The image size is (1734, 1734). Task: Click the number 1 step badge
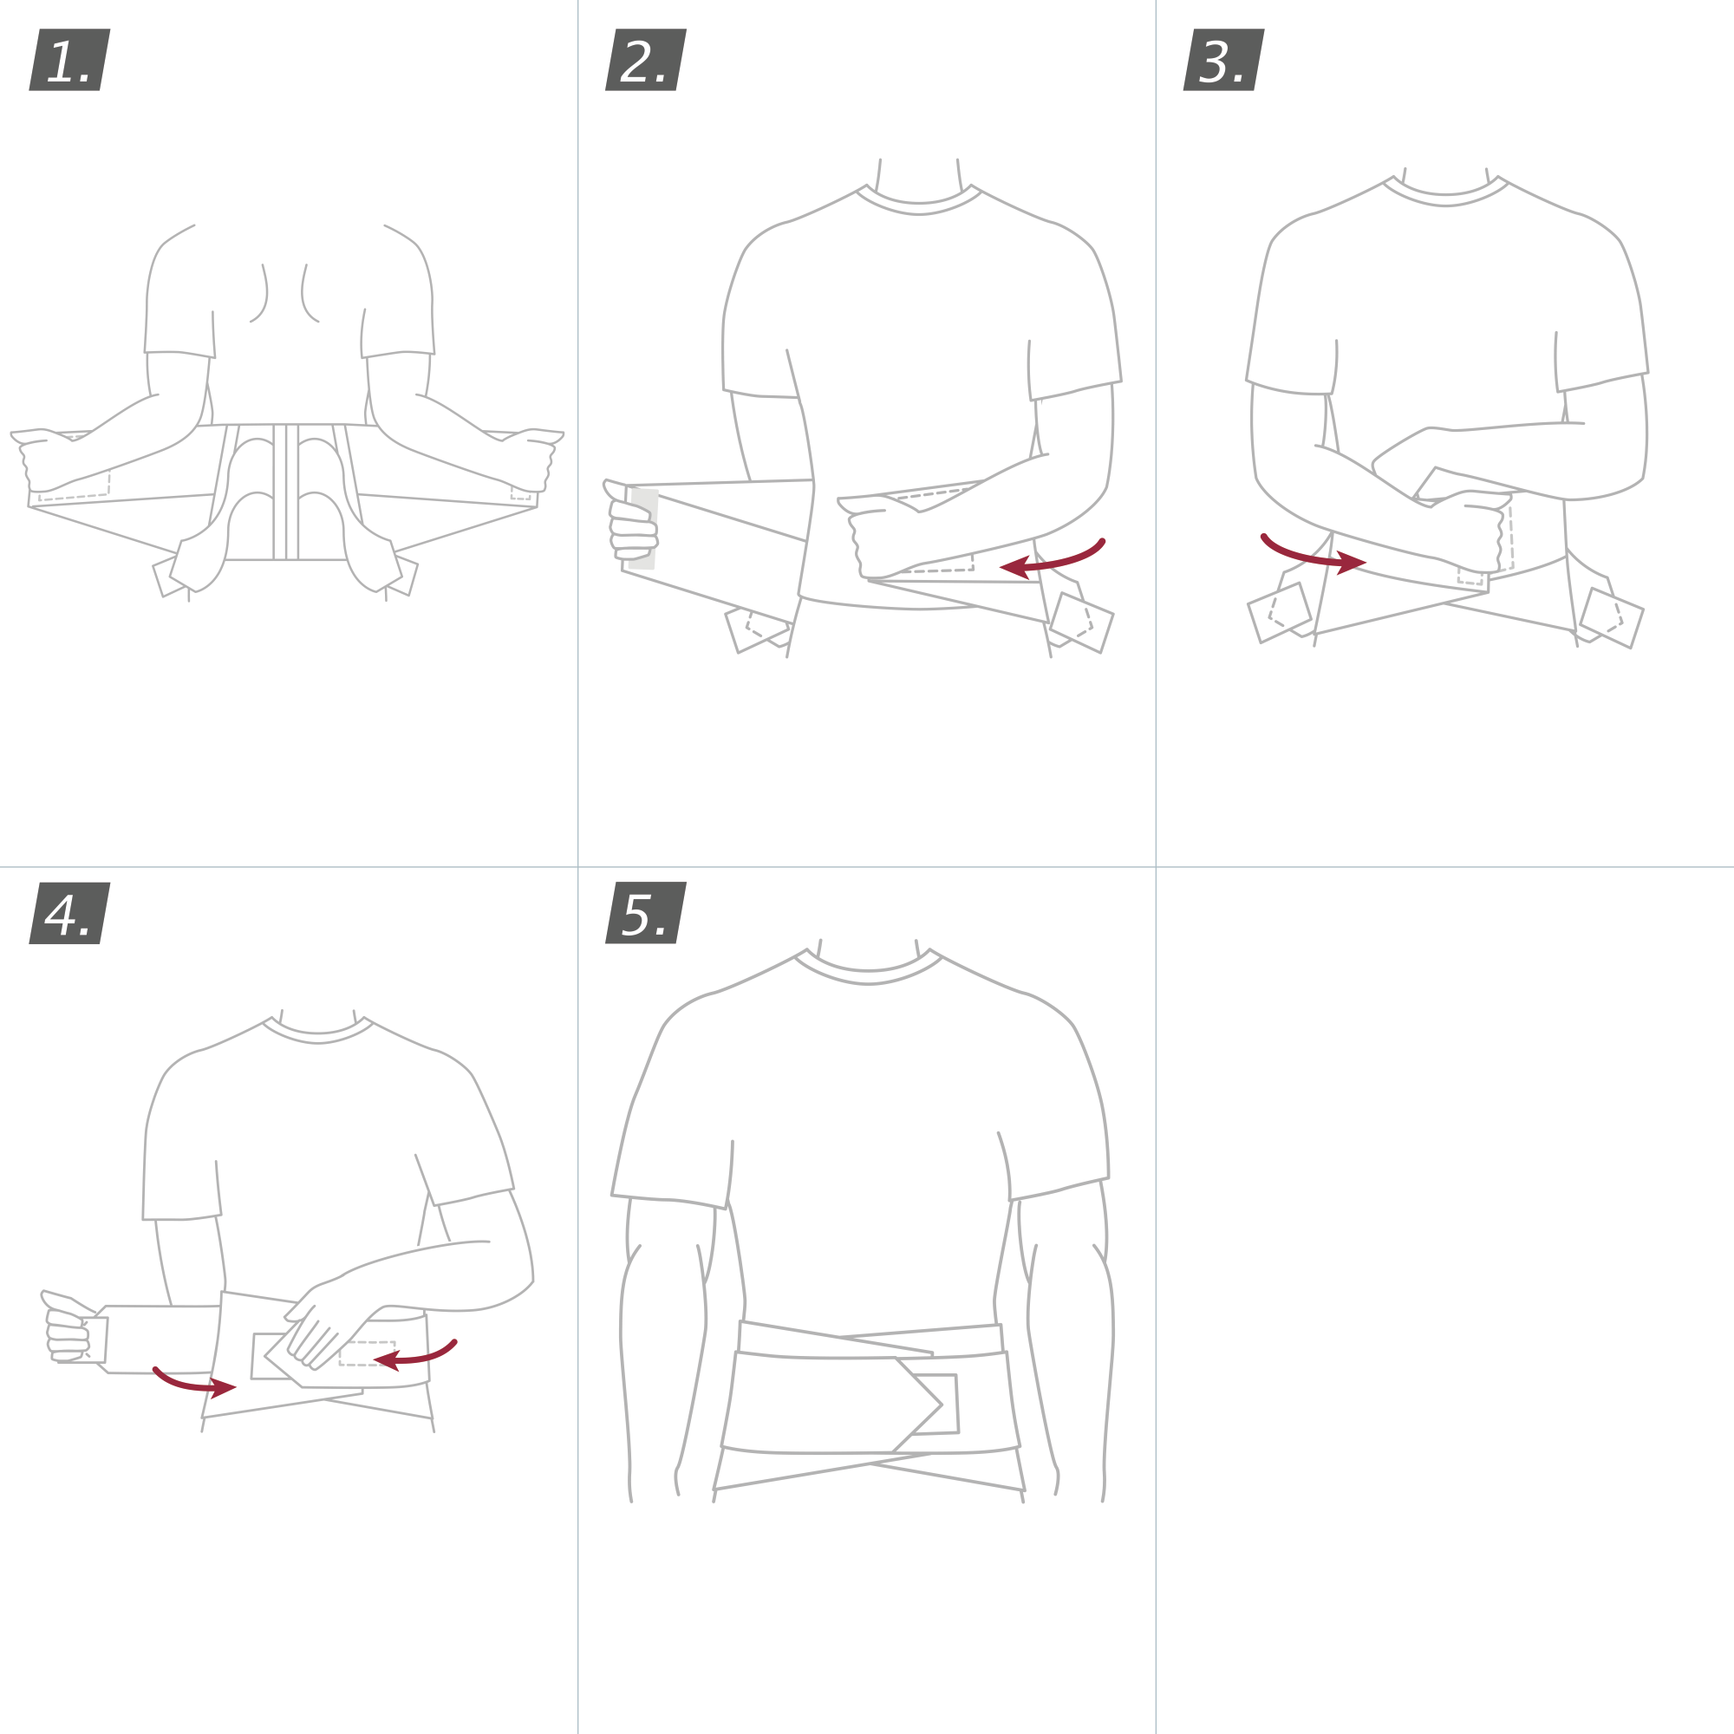[69, 60]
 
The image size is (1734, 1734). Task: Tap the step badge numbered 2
[645, 60]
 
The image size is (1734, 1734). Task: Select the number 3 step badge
[1223, 60]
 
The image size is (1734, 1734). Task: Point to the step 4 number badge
[69, 913]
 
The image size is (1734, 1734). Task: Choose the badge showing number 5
[645, 913]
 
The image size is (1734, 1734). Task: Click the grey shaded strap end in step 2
[642, 530]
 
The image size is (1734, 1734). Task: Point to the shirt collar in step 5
[868, 969]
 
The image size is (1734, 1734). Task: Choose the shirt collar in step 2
[918, 203]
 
